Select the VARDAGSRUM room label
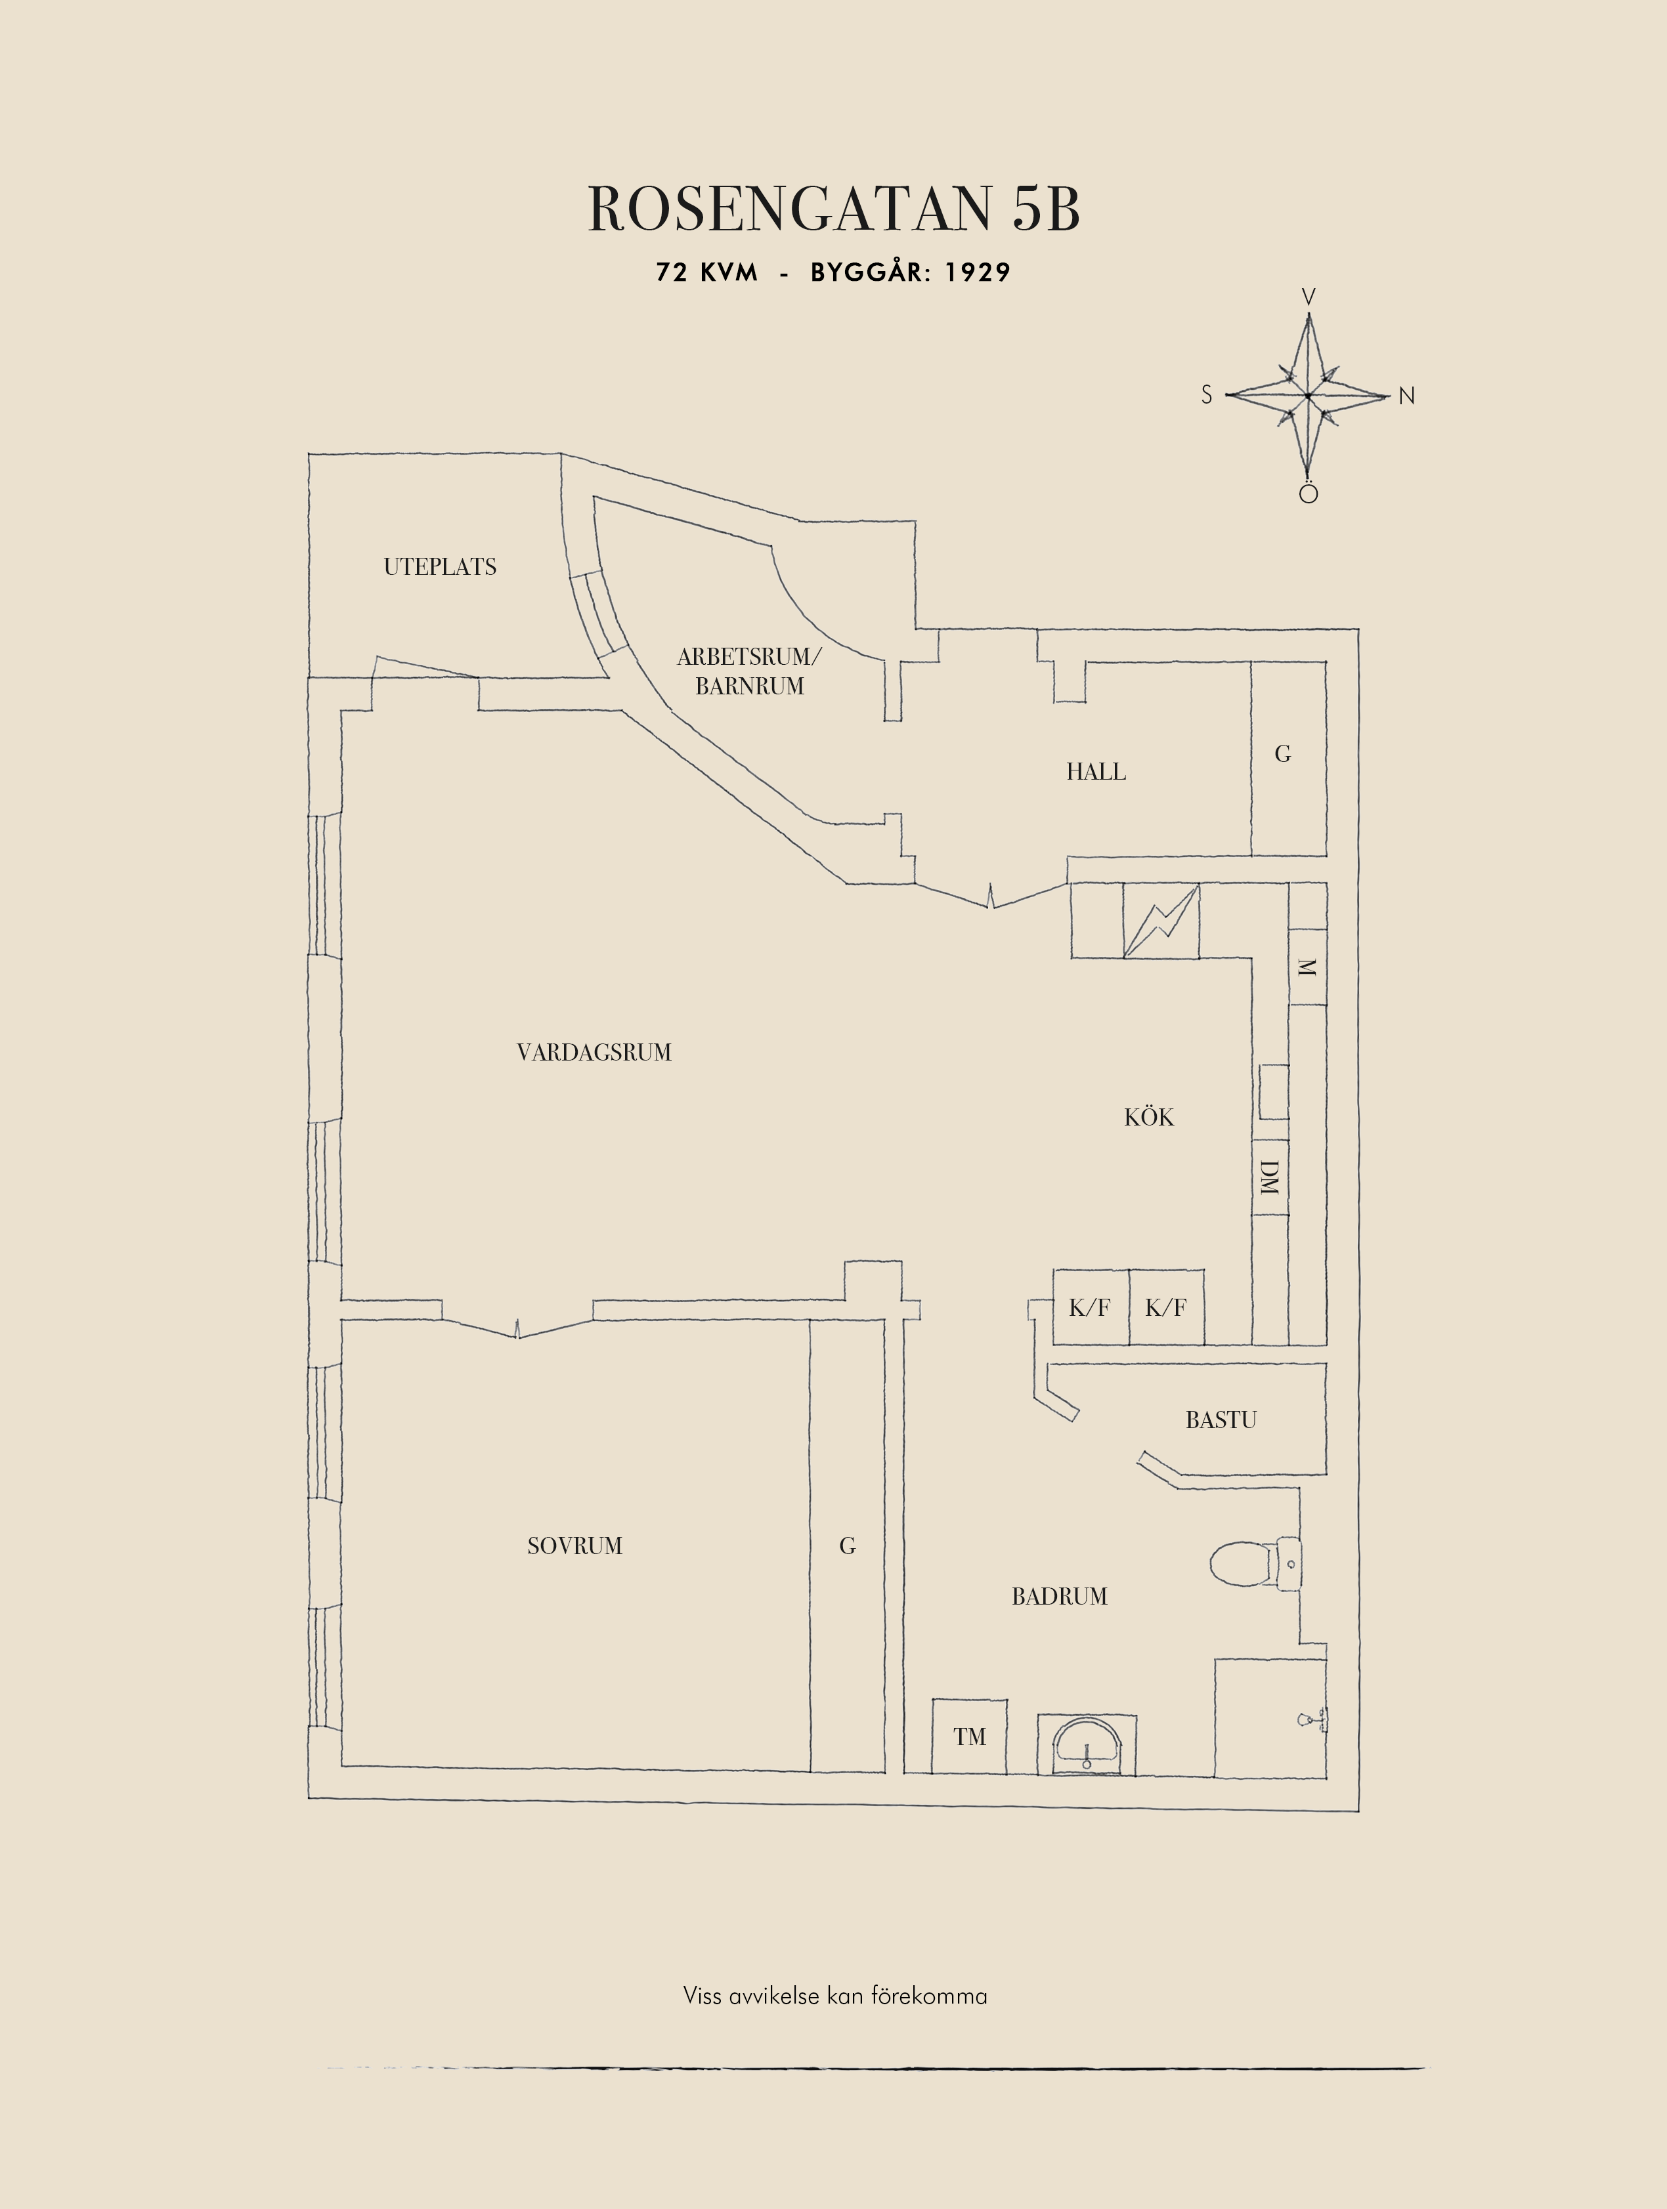594,1051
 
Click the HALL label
1096,771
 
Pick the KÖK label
1148,1116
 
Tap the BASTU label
1221,1419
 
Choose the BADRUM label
1059,1596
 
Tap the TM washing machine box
969,1736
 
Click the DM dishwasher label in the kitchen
1270,1177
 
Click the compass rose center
1307,396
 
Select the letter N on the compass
1406,396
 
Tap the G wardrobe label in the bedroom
847,1546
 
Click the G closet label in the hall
1282,754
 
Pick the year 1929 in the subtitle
977,272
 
